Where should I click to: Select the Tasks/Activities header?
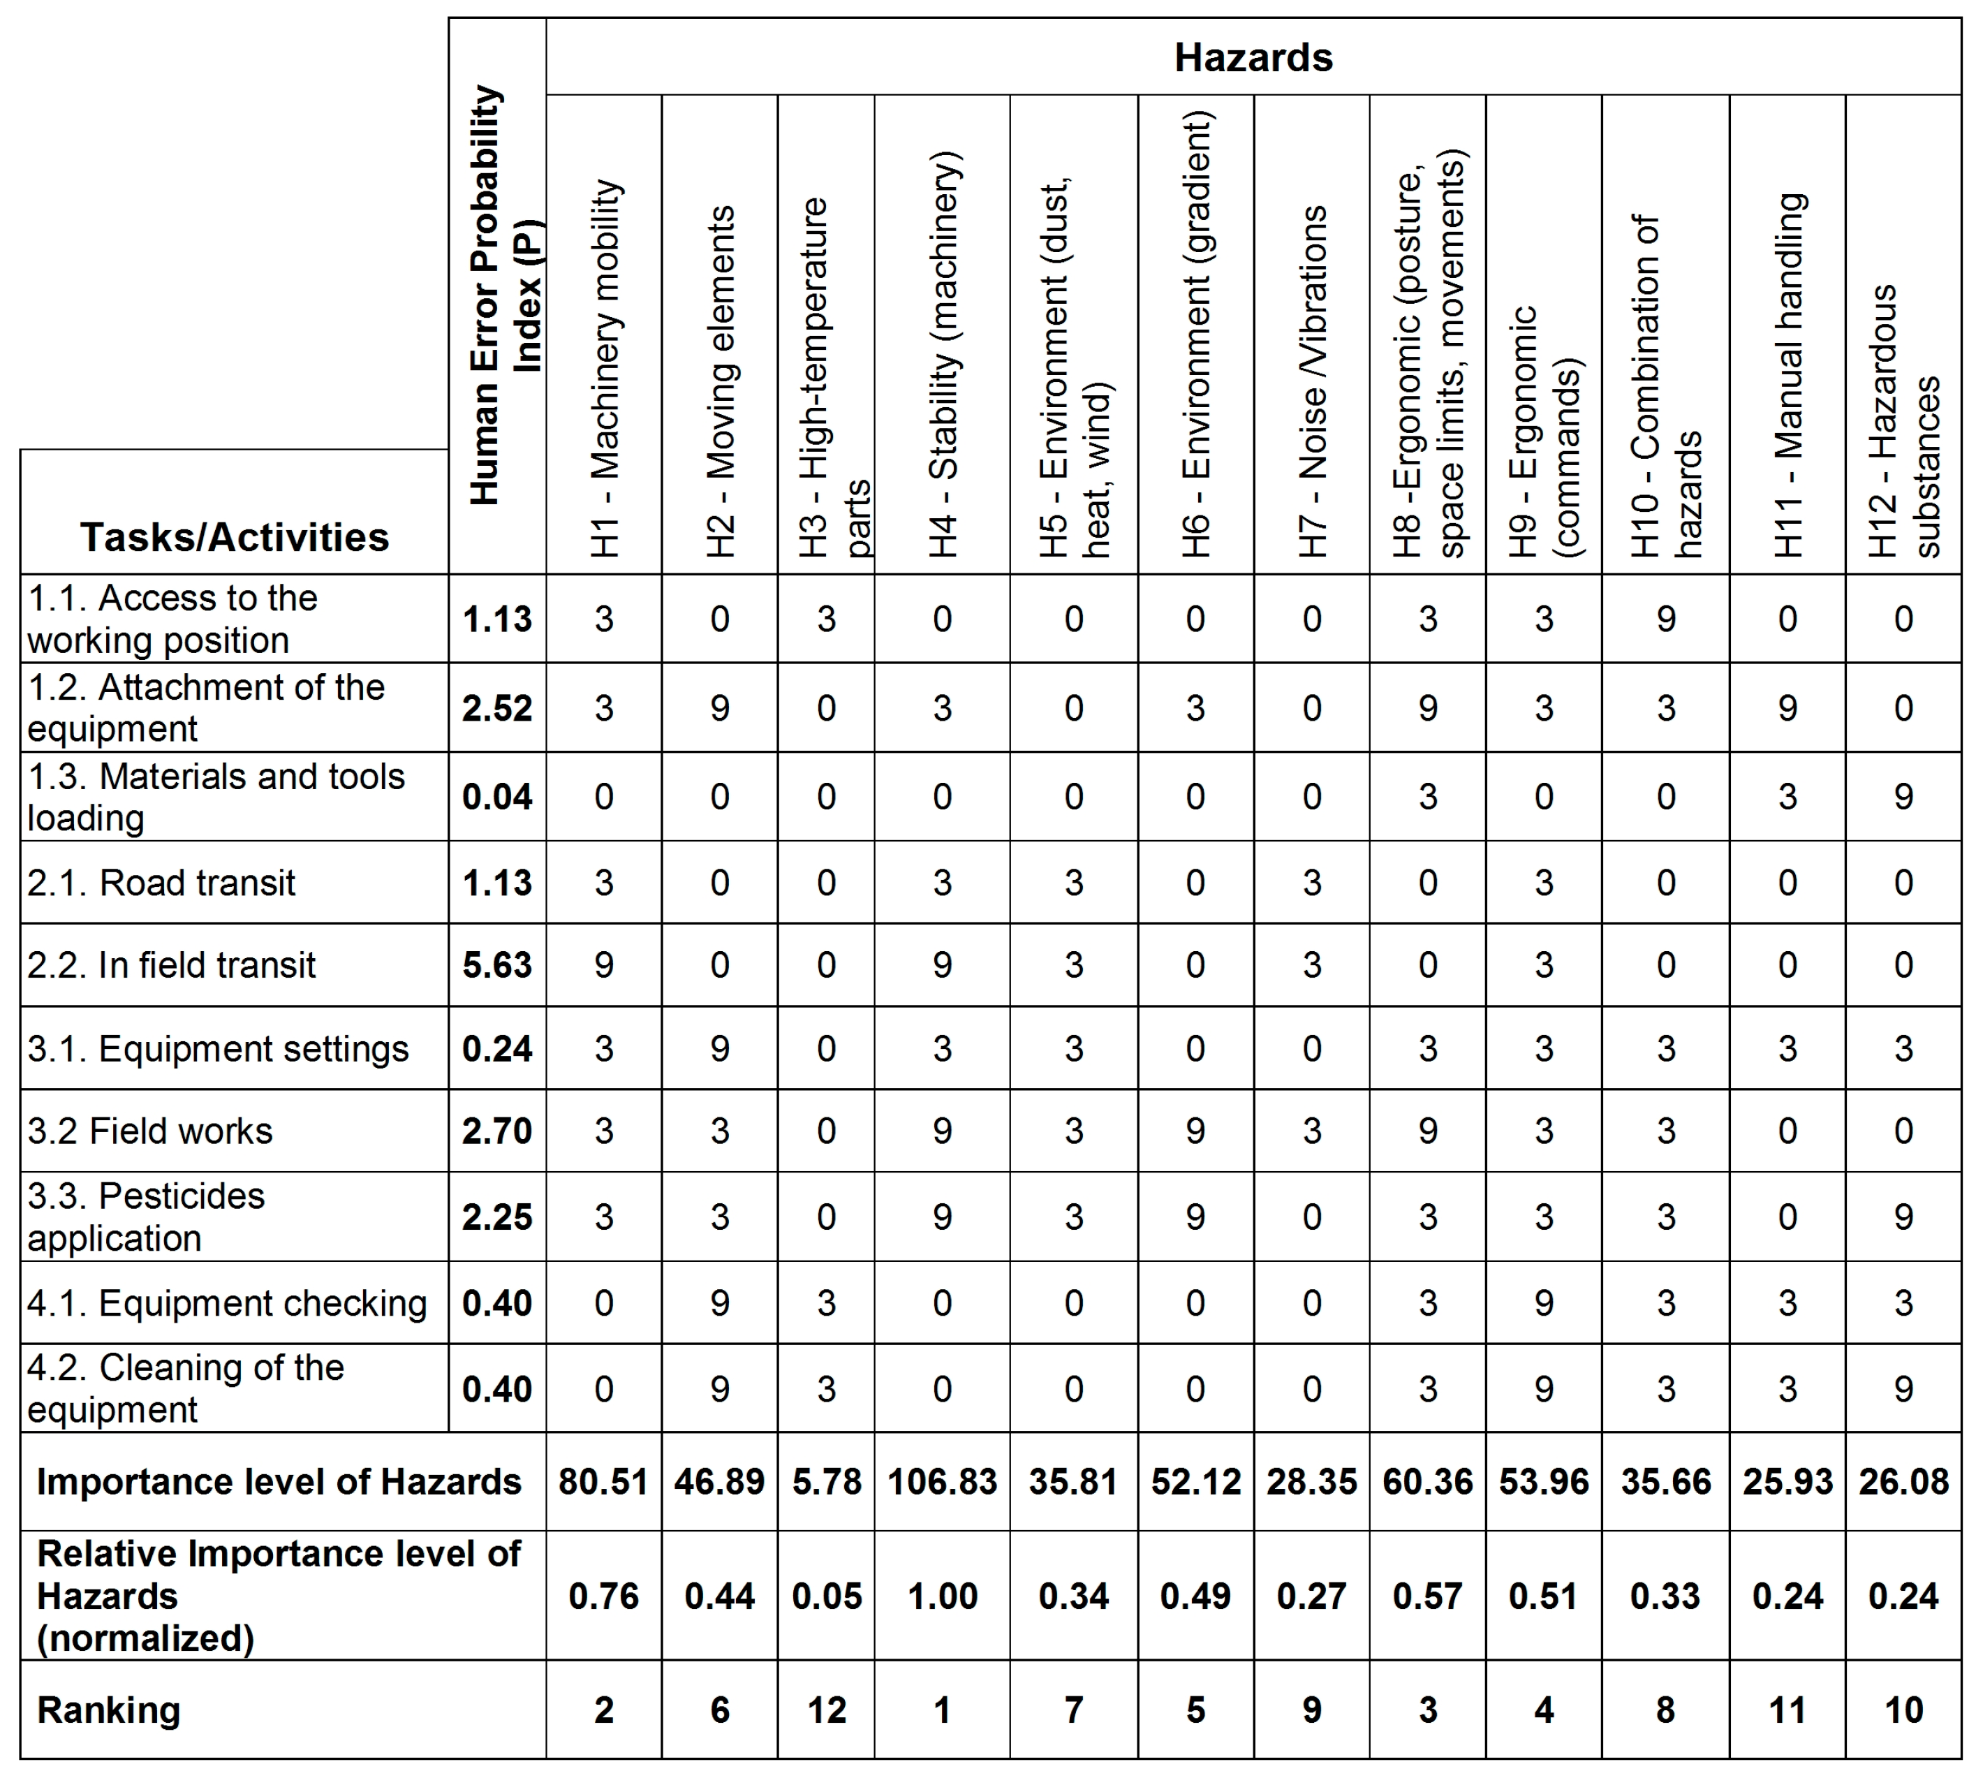(x=235, y=537)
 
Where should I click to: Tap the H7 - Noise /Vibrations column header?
(x=1312, y=381)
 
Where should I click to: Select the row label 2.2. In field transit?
(x=172, y=965)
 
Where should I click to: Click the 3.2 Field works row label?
(x=150, y=1131)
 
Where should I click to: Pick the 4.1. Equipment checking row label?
(x=227, y=1303)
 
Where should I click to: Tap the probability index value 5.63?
(x=497, y=965)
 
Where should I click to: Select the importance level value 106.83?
(x=942, y=1482)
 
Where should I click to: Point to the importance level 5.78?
(x=826, y=1482)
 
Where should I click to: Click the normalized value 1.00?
(x=942, y=1596)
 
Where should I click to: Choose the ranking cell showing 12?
(x=826, y=1710)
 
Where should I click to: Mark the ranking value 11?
(x=1787, y=1710)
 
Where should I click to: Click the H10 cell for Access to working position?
(x=1665, y=619)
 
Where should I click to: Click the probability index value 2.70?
(x=497, y=1131)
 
